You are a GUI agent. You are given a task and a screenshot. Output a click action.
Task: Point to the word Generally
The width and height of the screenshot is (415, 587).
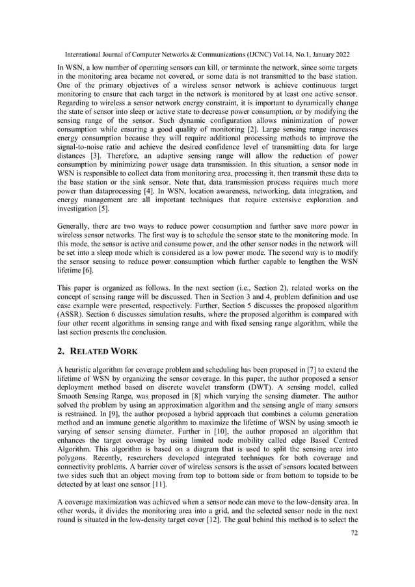click(71, 228)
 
